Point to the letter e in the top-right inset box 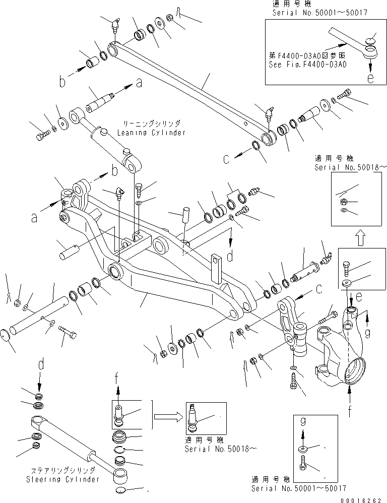[x=370, y=78]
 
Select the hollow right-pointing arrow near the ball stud [x=169, y=417]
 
